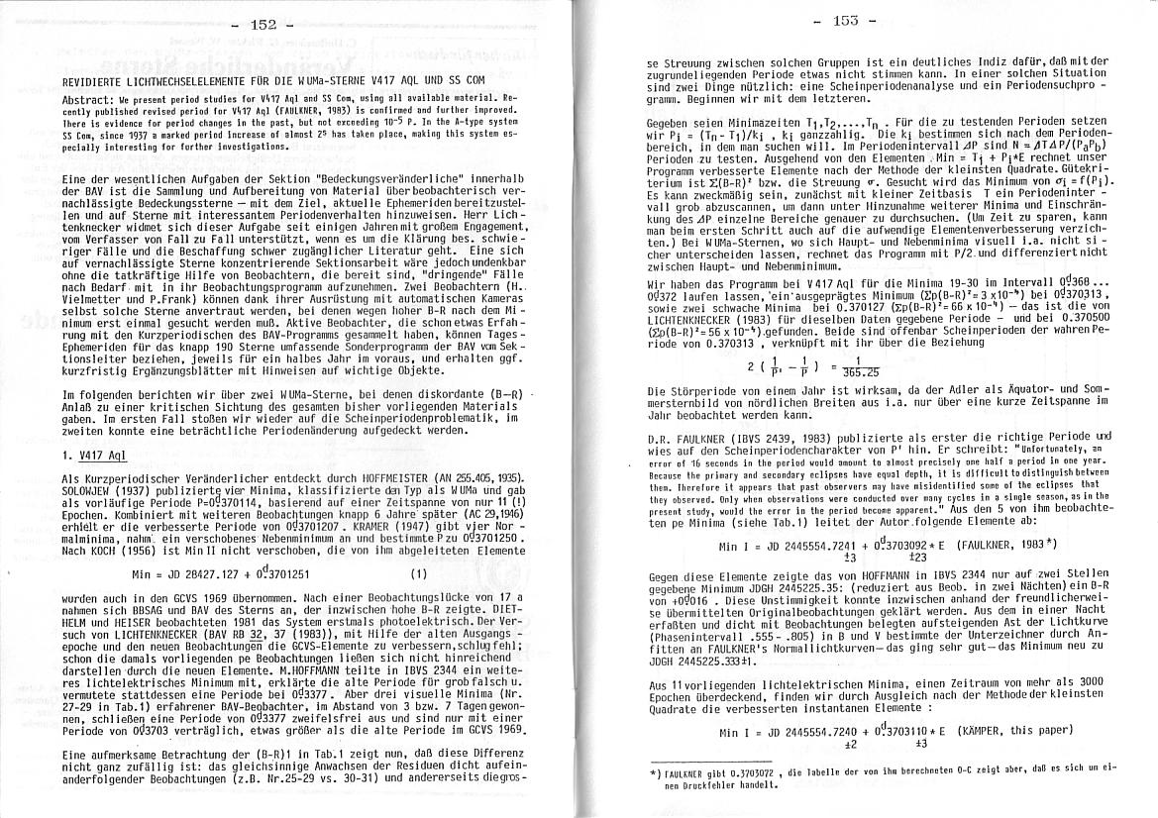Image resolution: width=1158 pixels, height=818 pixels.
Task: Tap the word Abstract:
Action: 87,101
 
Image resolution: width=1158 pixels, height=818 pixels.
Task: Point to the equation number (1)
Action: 418,573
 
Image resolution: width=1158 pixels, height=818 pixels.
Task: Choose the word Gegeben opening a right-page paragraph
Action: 666,119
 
